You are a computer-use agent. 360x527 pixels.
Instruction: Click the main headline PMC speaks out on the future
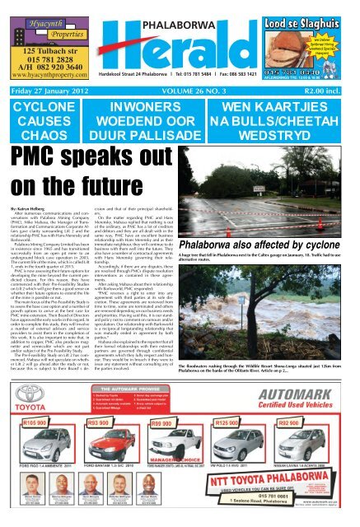(x=101, y=189)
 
